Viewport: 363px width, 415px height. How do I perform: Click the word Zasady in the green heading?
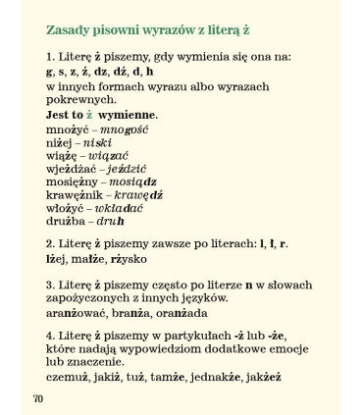(x=68, y=29)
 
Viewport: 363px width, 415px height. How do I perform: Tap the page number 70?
(x=37, y=398)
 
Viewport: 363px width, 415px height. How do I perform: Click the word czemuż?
(x=68, y=377)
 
